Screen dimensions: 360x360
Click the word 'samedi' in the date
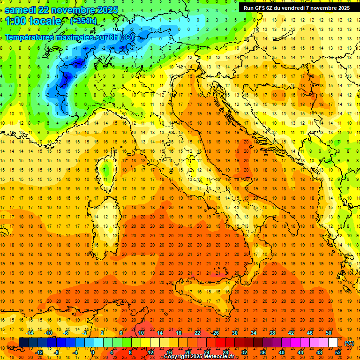pos(22,10)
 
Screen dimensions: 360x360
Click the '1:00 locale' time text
pos(33,21)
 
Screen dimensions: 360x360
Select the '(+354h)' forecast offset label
pos(83,21)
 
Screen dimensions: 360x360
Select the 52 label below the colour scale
pos(338,352)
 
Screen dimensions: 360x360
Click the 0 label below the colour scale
pos(93,352)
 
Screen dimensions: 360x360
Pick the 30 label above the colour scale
pos(235,333)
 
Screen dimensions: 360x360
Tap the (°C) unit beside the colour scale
pos(349,343)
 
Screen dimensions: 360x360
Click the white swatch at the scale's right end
pos(333,343)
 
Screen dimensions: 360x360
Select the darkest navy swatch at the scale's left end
pos(23,343)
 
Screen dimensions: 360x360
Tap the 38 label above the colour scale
pos(272,333)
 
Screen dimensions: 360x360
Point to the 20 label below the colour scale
pos(187,352)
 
